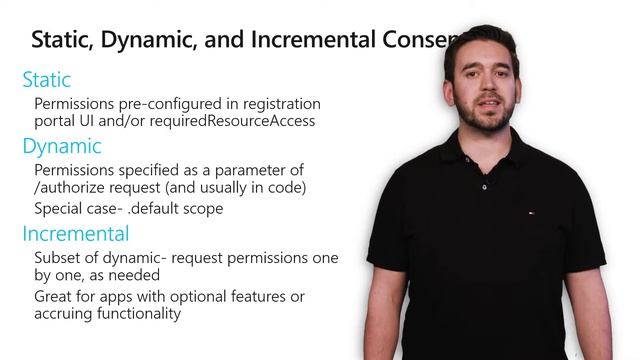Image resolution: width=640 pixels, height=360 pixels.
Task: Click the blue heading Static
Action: [x=46, y=79]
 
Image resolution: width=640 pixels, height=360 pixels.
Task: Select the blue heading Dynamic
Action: [x=61, y=146]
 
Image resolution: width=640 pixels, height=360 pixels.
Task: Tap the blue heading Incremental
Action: [x=75, y=234]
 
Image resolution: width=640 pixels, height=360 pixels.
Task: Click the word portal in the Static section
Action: [x=58, y=121]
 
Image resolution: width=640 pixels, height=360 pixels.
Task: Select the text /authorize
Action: [x=70, y=186]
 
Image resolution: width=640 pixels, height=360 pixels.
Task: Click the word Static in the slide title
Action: [x=59, y=40]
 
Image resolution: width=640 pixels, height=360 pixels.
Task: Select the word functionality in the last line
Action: [x=139, y=313]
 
